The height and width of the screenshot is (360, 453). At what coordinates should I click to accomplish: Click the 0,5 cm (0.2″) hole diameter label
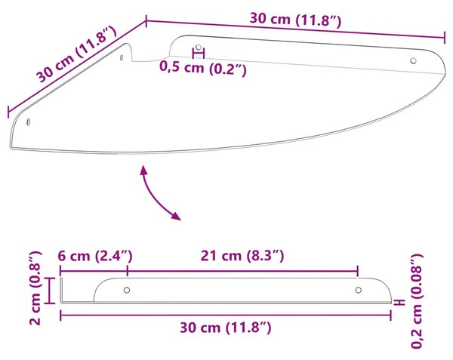[203, 69]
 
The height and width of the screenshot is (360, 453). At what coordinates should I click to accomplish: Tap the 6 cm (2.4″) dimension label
[95, 256]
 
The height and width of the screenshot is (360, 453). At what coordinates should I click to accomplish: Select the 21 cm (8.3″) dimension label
[242, 256]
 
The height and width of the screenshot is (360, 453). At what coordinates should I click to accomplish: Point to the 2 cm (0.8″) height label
[35, 288]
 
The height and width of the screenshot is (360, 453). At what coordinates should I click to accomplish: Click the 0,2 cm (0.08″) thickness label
[417, 301]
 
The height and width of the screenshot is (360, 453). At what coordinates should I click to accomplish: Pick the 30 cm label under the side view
[226, 328]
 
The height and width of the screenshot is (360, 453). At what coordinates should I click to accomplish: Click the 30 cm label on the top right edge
[295, 20]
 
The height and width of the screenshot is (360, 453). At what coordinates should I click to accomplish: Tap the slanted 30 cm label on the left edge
[76, 54]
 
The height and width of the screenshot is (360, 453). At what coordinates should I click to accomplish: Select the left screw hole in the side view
[127, 290]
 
